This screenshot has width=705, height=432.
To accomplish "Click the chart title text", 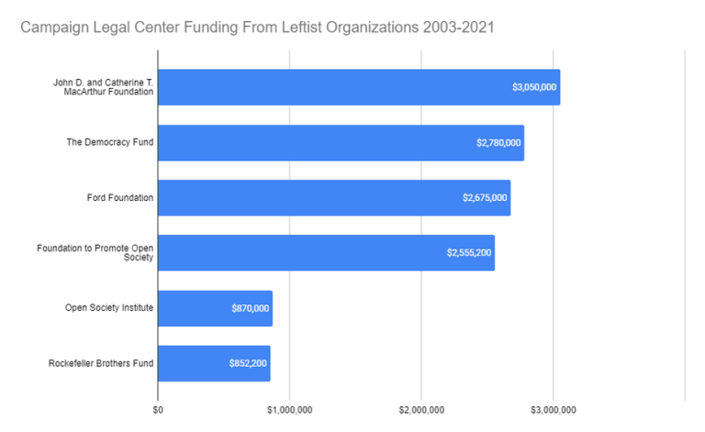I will pos(257,28).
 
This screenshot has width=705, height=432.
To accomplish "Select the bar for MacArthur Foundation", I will pos(358,87).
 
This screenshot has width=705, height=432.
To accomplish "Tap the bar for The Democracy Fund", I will pos(340,143).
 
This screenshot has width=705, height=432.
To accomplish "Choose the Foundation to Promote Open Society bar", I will pos(326,253).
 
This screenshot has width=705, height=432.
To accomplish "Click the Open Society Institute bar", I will pos(215,308).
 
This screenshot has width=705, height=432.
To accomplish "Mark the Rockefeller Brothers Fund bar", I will pos(214,363).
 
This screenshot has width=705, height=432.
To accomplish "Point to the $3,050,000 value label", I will pos(534,87).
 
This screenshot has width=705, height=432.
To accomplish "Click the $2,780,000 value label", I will pos(498,143).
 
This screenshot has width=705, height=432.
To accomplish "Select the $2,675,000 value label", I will pos(485,198).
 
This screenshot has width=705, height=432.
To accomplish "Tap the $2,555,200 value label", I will pos(469,253).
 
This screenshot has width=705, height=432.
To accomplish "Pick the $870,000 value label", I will pos(251,308).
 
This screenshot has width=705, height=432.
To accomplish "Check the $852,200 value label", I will pos(249,363).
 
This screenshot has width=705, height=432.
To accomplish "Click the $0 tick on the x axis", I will pos(158,409).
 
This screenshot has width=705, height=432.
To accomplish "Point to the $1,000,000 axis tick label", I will pos(289,409).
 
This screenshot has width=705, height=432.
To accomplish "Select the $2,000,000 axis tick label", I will pos(421,409).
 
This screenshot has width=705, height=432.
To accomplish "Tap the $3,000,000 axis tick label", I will pos(554,409).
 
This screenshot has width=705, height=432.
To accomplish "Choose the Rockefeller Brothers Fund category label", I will pos(101,363).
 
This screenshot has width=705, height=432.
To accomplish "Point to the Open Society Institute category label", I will pos(108,308).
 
